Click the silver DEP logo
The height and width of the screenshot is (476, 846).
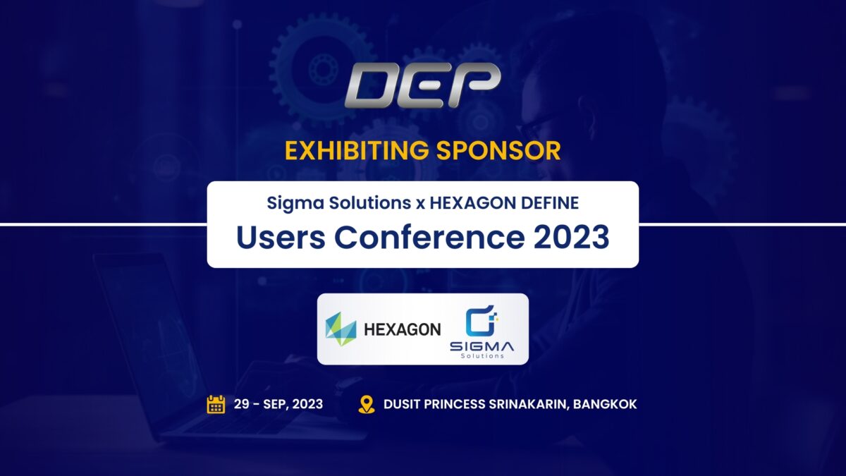coord(422,85)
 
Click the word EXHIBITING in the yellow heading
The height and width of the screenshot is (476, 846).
coord(357,150)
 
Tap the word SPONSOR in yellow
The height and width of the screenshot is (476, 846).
coord(498,150)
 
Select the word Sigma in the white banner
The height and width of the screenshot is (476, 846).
coord(295,204)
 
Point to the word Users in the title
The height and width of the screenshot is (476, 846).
coord(281,237)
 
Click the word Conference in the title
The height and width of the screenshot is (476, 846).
coord(429,237)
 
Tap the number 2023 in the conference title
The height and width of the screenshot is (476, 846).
coord(572,237)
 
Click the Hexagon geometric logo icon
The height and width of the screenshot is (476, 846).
coord(341,329)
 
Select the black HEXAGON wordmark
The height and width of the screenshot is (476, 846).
coord(403,330)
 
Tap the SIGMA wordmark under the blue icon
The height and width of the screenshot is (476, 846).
coord(482,346)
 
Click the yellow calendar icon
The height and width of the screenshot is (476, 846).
coord(216,405)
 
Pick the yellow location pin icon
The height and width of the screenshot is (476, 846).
coord(367,405)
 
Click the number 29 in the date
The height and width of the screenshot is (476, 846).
coord(241,404)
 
